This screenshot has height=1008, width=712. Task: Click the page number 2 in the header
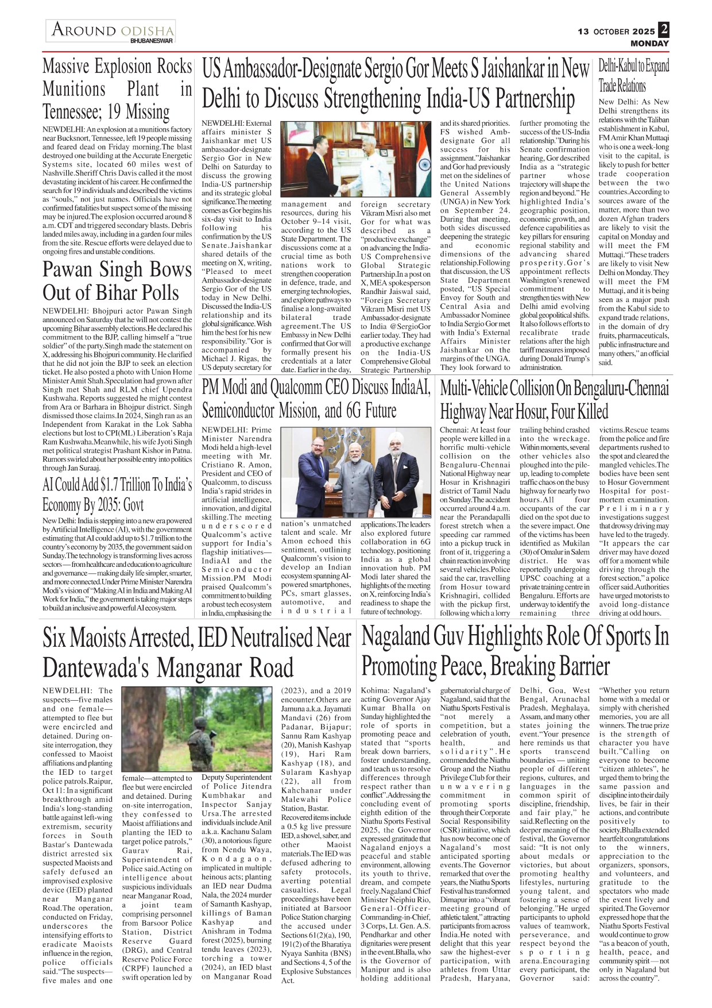tap(664, 29)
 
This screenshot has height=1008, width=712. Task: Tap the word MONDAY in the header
tap(649, 43)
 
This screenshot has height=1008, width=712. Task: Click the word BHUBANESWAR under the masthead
tap(152, 41)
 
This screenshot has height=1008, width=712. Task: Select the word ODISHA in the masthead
tap(147, 30)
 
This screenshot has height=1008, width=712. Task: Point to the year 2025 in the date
tap(644, 32)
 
